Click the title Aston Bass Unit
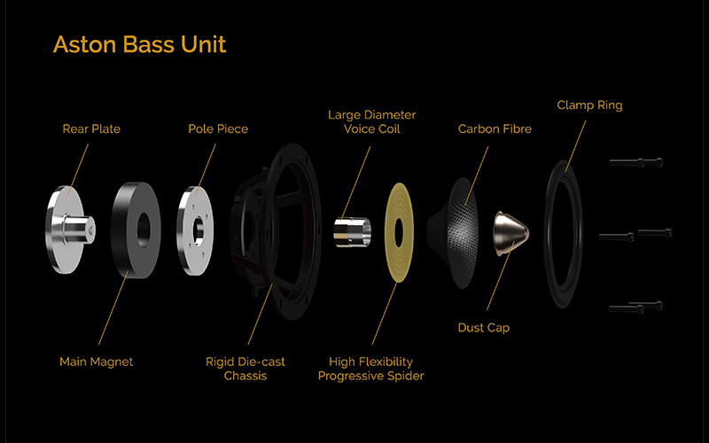click(x=140, y=44)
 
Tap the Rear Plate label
click(x=91, y=129)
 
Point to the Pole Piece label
click(x=218, y=129)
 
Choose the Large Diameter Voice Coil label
click(x=371, y=122)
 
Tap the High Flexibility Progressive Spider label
click(x=371, y=369)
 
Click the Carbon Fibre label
click(x=495, y=129)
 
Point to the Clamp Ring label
click(x=589, y=105)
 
